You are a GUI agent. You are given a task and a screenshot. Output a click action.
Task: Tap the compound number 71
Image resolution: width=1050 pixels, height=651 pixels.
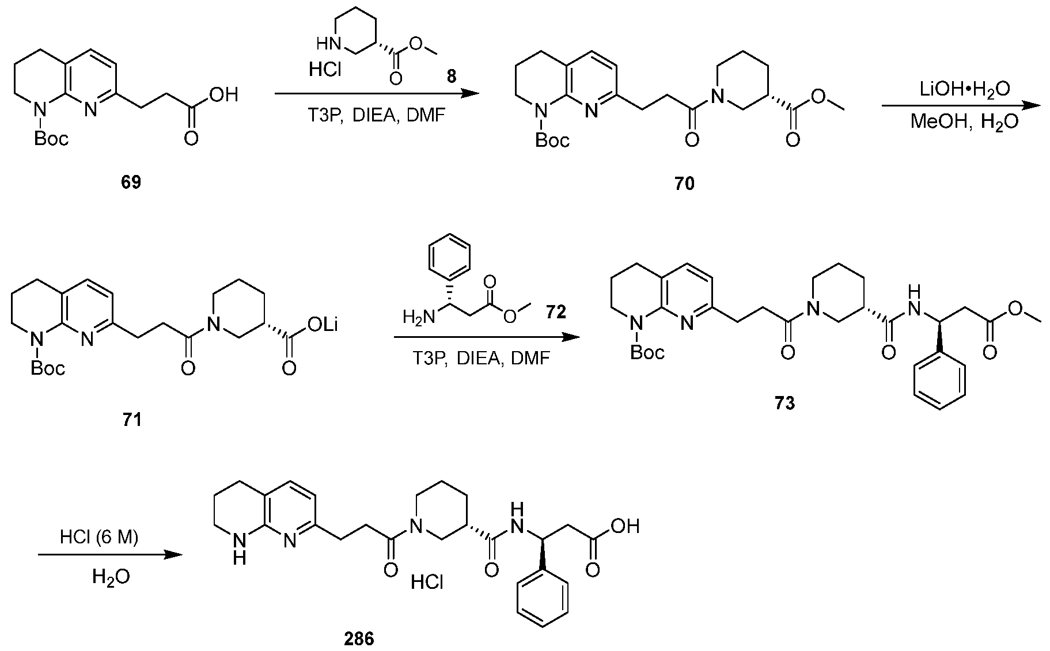tap(132, 420)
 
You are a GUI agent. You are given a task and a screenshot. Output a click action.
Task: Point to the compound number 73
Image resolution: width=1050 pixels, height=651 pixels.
tap(785, 403)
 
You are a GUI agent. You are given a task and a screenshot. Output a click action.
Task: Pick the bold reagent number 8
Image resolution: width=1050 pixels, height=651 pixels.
tap(452, 77)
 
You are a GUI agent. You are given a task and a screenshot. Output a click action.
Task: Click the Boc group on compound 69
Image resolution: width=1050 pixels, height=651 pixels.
tap(51, 138)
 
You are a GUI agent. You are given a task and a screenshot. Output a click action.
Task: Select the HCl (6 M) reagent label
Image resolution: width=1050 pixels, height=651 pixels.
tap(100, 538)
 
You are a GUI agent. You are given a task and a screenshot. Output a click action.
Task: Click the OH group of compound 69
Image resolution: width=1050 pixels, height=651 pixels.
tap(224, 95)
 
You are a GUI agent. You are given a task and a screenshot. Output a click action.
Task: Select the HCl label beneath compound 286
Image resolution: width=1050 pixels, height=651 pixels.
tap(427, 583)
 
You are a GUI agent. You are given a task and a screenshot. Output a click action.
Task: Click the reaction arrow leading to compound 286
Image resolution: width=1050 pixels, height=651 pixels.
tap(109, 555)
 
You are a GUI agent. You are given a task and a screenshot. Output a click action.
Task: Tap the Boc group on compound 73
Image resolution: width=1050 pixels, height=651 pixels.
tap(647, 352)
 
